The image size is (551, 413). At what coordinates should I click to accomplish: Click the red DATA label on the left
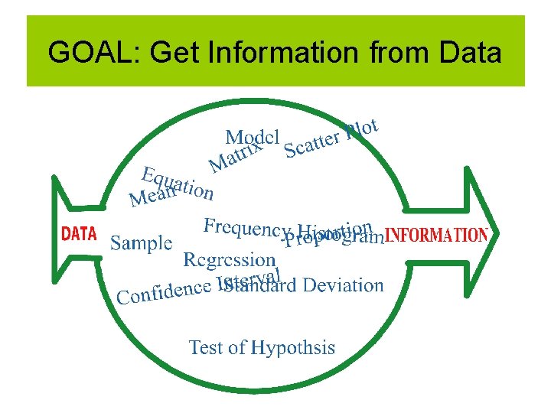pos(79,234)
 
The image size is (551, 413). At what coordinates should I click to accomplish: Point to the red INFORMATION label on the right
pos(435,235)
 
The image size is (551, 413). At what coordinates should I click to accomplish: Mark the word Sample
pos(142,243)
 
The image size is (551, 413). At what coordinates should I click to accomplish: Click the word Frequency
pos(247,227)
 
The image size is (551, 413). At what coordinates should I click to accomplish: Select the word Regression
pos(229,260)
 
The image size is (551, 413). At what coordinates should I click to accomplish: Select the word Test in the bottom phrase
pos(205,347)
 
